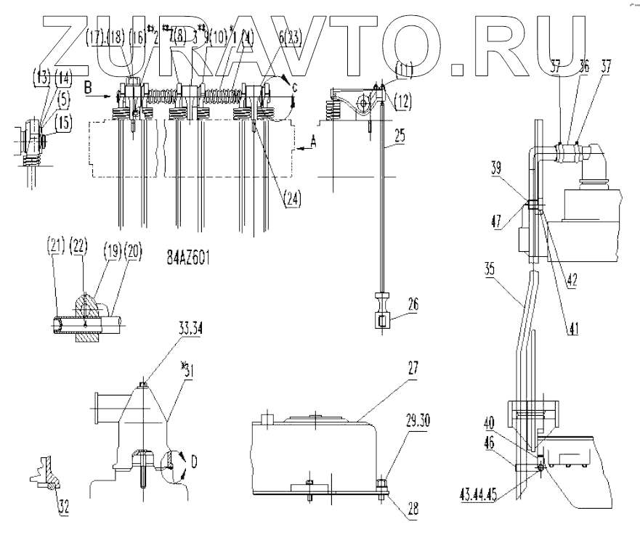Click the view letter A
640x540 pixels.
point(312,143)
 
